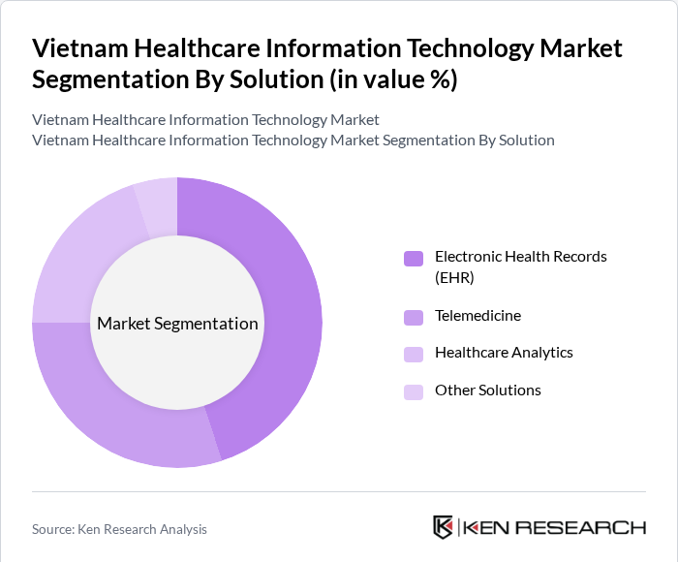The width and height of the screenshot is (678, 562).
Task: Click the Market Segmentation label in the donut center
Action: click(x=177, y=323)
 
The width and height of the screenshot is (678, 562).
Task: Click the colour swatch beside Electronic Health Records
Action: click(x=413, y=258)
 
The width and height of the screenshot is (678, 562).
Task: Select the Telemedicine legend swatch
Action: click(x=413, y=317)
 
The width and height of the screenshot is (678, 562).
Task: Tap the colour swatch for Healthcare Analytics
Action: click(x=413, y=354)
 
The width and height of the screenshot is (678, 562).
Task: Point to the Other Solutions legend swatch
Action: click(x=413, y=391)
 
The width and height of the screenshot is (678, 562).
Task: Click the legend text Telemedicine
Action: click(x=478, y=316)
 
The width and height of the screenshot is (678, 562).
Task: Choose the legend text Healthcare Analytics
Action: click(x=504, y=353)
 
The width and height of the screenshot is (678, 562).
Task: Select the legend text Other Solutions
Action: click(x=487, y=390)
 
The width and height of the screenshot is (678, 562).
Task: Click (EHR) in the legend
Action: click(x=455, y=277)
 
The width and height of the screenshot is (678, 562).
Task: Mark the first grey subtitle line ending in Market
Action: click(x=205, y=119)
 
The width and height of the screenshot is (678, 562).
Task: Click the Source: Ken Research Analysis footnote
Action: click(x=119, y=529)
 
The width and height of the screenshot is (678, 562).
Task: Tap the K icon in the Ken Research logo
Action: click(x=444, y=527)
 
